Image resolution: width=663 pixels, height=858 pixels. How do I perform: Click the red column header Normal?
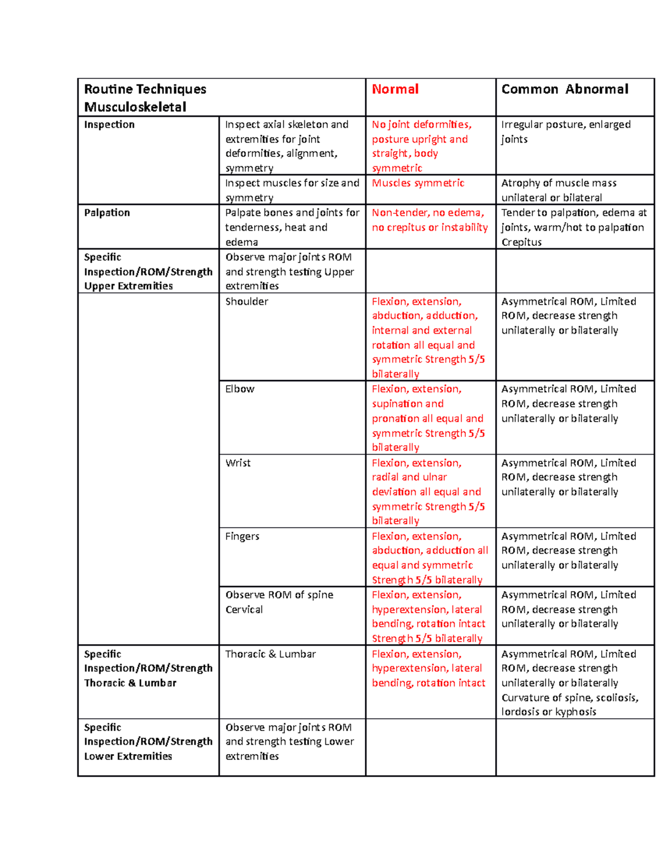[x=395, y=89]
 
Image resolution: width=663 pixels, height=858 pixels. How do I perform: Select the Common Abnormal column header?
[x=564, y=89]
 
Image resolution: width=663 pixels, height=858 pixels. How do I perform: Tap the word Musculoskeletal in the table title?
[x=135, y=107]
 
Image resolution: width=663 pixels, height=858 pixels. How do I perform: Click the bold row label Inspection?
[x=109, y=124]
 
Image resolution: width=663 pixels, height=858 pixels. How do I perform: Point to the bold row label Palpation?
[x=107, y=213]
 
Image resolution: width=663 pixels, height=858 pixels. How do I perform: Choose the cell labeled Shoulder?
[x=246, y=301]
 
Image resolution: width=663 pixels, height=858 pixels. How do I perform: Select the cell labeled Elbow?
[x=240, y=389]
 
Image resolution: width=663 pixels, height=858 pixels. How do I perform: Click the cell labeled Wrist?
[x=238, y=463]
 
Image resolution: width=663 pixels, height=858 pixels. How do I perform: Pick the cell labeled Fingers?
[x=242, y=536]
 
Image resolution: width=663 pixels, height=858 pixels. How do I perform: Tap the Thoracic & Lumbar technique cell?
[x=270, y=654]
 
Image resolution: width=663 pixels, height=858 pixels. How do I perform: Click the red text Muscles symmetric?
[x=418, y=183]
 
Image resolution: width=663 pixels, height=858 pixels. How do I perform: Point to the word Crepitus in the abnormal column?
[x=521, y=242]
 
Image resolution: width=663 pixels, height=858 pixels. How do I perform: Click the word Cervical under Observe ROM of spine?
[x=244, y=609]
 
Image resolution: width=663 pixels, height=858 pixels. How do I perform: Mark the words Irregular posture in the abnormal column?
[x=542, y=124]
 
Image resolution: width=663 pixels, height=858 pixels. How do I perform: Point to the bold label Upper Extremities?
[x=128, y=286]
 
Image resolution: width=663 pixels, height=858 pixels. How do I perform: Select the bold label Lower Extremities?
[x=128, y=756]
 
